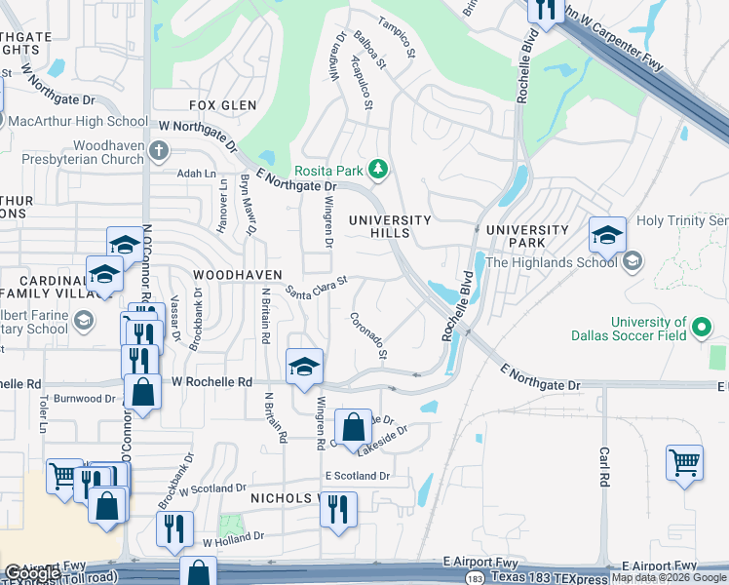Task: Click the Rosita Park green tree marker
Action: tap(379, 172)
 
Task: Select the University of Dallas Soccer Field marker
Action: tap(701, 327)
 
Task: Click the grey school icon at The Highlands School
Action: tap(632, 260)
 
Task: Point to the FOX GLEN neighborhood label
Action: tap(222, 105)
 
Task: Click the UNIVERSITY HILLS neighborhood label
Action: tap(390, 227)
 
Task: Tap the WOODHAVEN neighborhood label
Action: tap(238, 276)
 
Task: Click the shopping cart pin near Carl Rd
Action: tap(684, 463)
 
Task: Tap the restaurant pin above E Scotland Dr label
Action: tap(338, 508)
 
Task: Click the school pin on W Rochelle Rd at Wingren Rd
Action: tap(304, 367)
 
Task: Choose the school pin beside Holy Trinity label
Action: tap(607, 234)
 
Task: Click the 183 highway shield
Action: tap(474, 578)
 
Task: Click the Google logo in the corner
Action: tap(32, 573)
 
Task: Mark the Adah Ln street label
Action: tap(196, 174)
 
